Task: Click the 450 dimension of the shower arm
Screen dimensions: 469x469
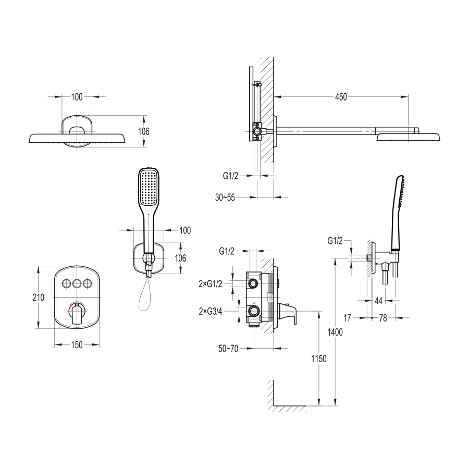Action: pyautogui.click(x=341, y=97)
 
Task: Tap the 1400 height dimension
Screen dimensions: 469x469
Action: pyautogui.click(x=335, y=332)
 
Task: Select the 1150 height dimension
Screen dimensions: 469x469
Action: pyautogui.click(x=319, y=359)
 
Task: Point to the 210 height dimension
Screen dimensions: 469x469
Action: pyautogui.click(x=38, y=298)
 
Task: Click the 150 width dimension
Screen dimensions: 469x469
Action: pyautogui.click(x=77, y=345)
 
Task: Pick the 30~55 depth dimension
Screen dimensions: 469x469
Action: pyautogui.click(x=225, y=198)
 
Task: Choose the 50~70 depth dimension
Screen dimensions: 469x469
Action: pyautogui.click(x=229, y=349)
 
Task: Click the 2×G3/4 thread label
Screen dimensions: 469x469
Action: pyautogui.click(x=211, y=312)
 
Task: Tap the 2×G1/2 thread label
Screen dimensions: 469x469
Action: pyautogui.click(x=211, y=284)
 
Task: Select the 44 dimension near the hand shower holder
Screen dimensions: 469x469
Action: pyautogui.click(x=379, y=301)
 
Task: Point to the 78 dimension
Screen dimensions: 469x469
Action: pyautogui.click(x=383, y=318)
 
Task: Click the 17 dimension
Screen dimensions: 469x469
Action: pyautogui.click(x=347, y=318)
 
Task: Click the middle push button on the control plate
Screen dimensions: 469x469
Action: pyautogui.click(x=77, y=283)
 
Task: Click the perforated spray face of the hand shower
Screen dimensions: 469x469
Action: pyautogui.click(x=149, y=188)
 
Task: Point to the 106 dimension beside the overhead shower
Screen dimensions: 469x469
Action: pyautogui.click(x=144, y=131)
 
